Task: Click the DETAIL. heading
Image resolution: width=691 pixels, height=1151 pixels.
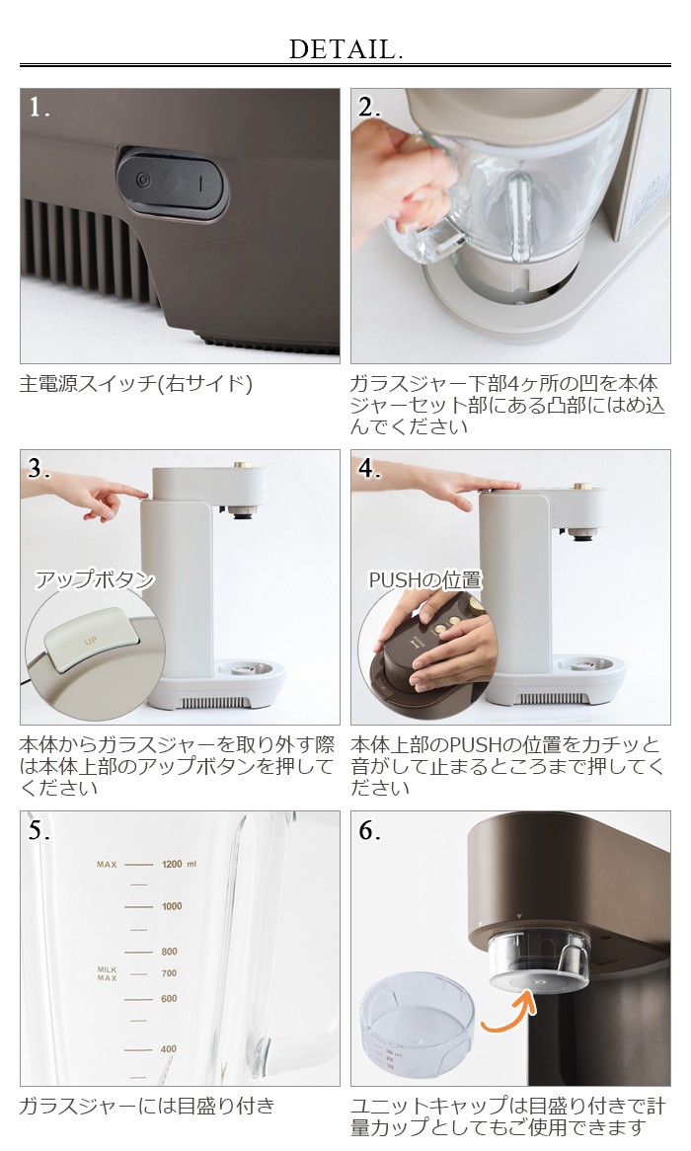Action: (345, 49)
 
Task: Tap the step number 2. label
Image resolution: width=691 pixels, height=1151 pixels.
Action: (369, 108)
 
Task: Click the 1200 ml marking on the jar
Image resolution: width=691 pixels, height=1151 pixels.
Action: (179, 864)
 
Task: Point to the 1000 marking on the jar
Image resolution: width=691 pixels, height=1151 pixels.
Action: (172, 906)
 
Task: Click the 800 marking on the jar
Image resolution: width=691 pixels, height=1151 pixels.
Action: (169, 952)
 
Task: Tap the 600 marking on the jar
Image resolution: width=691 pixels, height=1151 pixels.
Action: (169, 998)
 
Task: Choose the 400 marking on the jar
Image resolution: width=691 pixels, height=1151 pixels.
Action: (169, 1049)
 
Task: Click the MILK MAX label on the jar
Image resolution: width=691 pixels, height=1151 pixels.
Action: (108, 974)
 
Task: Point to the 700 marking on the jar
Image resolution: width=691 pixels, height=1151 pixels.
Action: (169, 973)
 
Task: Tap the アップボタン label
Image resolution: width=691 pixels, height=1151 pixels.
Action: (96, 579)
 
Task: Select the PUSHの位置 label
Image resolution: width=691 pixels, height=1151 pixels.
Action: (425, 579)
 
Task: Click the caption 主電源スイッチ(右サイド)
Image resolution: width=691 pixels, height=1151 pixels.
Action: (136, 383)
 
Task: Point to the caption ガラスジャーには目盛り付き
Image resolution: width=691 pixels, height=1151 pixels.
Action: (147, 1106)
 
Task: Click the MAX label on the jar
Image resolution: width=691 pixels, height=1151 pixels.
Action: (108, 865)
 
